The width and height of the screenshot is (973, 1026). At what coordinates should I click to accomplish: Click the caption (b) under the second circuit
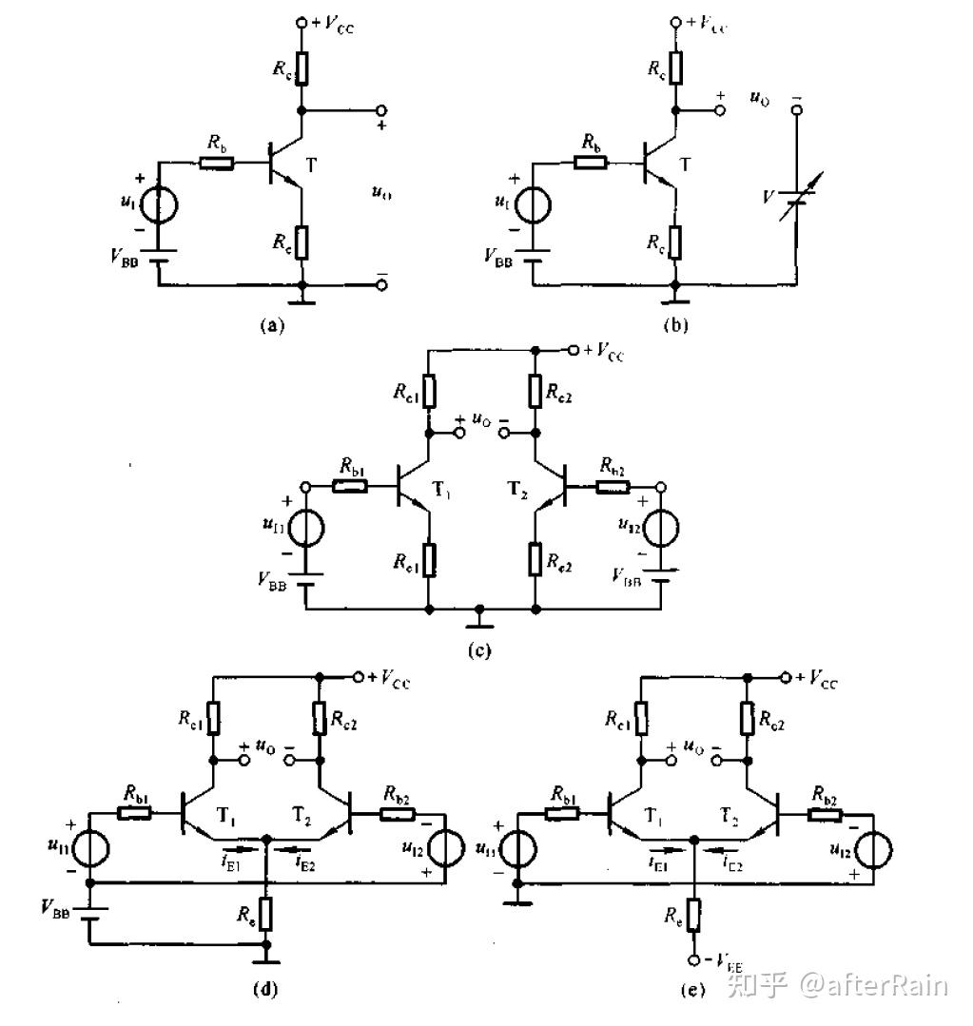coord(676,325)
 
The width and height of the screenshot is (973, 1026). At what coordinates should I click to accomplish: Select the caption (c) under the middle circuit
coord(480,650)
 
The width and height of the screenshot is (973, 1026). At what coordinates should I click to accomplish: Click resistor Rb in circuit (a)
coord(219,163)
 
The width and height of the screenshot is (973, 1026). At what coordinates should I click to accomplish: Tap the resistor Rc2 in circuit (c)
coord(535,391)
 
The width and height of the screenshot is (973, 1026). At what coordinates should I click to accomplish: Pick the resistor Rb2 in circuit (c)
coord(613,488)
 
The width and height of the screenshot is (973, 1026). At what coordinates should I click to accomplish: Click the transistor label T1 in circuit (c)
coord(442,491)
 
